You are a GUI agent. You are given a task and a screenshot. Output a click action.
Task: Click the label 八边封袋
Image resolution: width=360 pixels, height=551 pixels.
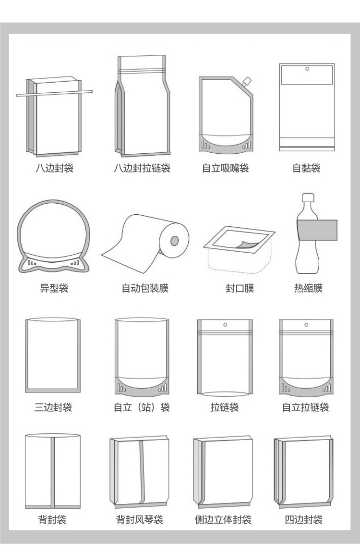(x=54, y=169)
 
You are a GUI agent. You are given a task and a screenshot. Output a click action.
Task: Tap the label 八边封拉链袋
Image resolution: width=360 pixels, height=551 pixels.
(x=142, y=169)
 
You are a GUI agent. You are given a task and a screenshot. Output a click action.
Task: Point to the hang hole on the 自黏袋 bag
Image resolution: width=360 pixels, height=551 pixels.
(x=306, y=69)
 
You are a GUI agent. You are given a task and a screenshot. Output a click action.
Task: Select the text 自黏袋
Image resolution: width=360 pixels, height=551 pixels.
(x=306, y=169)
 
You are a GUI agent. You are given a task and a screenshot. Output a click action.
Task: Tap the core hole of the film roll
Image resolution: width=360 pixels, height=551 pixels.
(x=175, y=240)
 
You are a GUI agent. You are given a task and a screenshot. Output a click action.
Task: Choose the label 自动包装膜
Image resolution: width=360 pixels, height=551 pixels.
(x=144, y=288)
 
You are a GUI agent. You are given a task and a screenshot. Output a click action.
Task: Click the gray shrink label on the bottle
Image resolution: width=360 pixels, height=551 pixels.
(x=317, y=230)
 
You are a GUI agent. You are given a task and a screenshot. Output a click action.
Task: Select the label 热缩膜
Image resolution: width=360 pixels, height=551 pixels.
(x=308, y=288)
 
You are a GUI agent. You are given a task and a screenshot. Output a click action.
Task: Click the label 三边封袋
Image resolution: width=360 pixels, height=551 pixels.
(x=53, y=408)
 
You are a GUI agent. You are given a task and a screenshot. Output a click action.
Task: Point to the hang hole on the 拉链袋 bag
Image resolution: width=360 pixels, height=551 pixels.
(x=225, y=325)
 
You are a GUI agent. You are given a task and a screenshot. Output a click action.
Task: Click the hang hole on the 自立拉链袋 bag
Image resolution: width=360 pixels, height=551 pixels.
(x=306, y=325)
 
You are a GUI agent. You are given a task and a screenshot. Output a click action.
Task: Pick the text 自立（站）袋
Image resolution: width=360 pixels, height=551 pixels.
(x=142, y=408)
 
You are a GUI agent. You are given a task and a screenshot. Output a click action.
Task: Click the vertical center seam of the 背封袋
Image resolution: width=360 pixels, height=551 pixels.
(x=53, y=471)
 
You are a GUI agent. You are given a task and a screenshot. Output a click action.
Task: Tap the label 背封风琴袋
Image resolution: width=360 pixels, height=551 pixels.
(x=140, y=520)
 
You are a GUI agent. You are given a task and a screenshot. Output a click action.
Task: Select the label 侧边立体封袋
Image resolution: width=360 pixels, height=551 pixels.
(x=223, y=520)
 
